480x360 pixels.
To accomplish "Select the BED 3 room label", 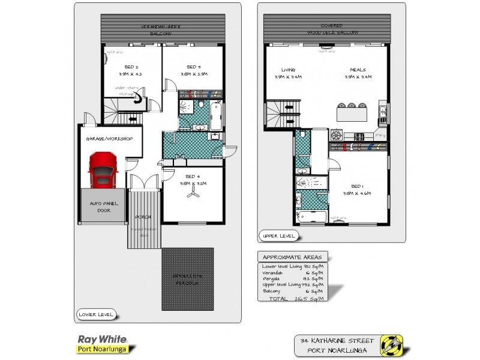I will pos(193,67).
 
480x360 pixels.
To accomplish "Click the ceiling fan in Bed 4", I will pos(193,193).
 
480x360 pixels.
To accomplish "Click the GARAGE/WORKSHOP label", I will pos(109,139).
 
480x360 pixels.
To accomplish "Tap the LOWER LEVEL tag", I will pos(95,314).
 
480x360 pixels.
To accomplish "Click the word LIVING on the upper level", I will pos(288,70).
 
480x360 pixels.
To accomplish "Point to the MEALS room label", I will pos(358,70).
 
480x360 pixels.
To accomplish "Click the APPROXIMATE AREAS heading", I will pos(292,257).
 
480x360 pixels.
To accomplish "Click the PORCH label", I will pos(143,216).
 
